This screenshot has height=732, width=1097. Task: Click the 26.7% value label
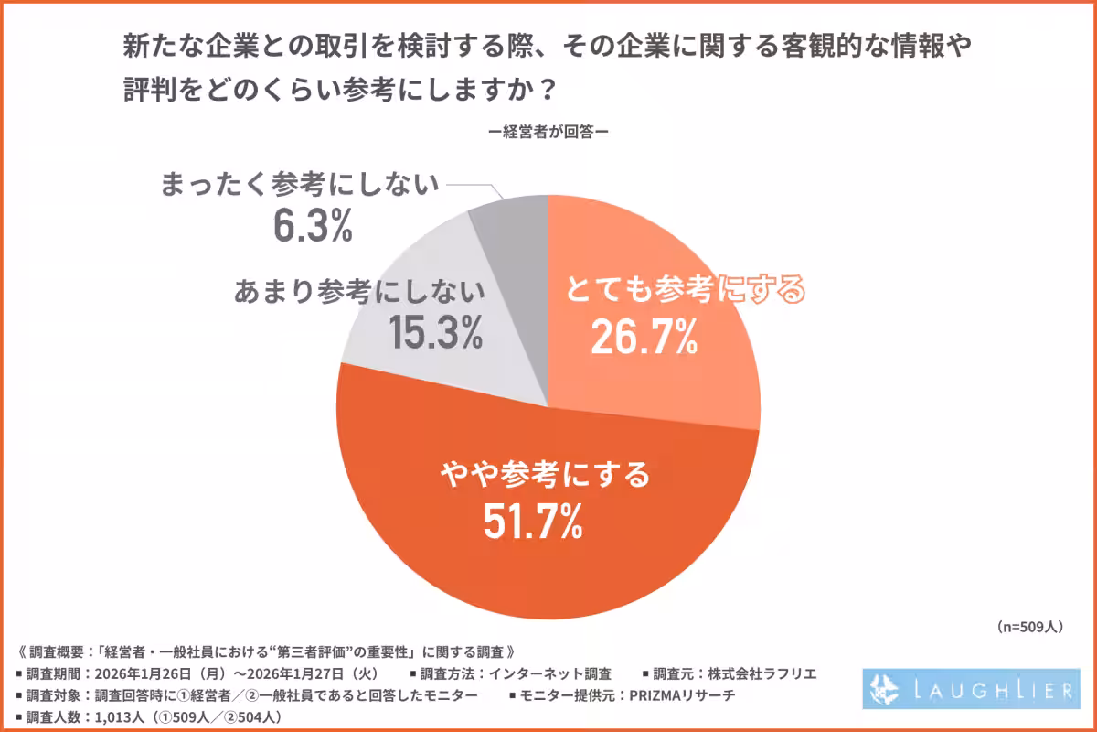click(644, 338)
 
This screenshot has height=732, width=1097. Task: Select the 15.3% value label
click(436, 332)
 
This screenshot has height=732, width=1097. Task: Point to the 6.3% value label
click(312, 226)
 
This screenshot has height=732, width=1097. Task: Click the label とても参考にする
click(685, 291)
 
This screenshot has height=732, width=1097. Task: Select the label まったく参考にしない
click(300, 184)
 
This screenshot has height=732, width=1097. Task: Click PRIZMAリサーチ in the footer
click(682, 695)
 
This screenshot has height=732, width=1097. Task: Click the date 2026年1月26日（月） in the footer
click(150, 673)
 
